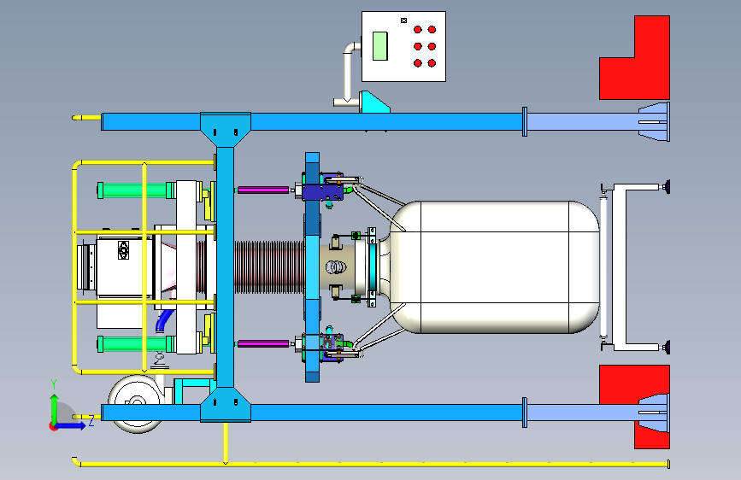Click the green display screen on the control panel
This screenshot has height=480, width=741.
point(380,45)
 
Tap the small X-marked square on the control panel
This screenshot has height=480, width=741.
point(403,20)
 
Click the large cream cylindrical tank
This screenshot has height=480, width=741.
point(496,265)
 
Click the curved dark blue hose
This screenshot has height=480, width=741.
point(163,321)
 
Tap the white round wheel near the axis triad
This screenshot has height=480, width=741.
point(134,401)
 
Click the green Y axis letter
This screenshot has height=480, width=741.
point(53,383)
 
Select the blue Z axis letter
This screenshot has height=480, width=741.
point(90,420)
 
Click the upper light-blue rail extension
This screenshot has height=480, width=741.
point(582,122)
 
